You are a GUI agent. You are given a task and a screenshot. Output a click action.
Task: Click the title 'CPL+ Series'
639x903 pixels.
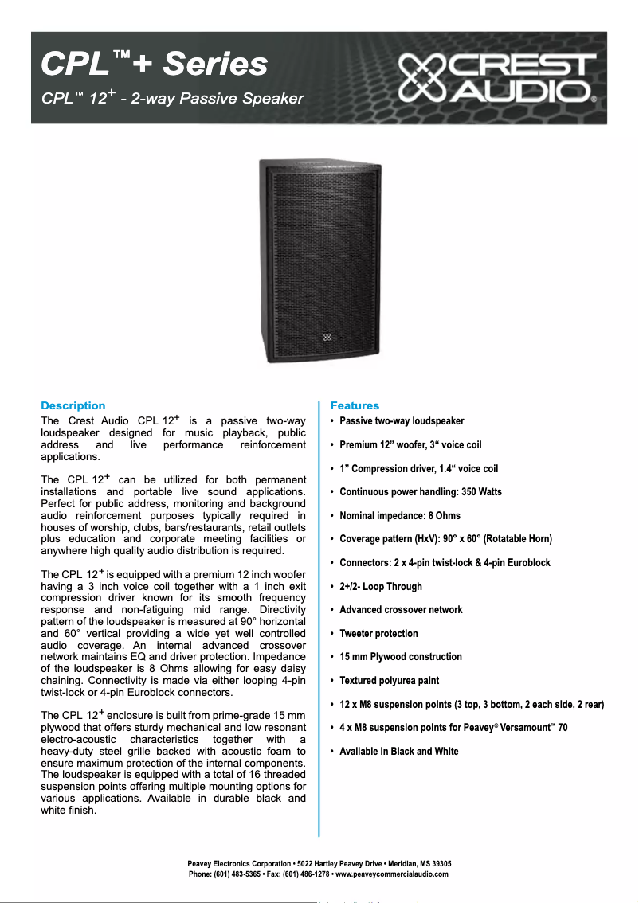click(154, 64)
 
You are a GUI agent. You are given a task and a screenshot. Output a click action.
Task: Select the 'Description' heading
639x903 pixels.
click(73, 405)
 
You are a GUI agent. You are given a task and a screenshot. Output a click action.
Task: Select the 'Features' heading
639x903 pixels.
click(355, 405)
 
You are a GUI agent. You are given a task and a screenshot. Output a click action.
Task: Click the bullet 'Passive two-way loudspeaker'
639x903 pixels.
click(402, 420)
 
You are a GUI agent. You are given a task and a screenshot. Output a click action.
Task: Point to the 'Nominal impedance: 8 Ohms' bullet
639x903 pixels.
click(400, 515)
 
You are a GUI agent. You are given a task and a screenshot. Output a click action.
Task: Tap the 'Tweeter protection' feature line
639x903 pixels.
click(378, 633)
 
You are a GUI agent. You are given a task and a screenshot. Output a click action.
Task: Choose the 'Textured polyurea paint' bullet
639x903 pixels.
click(389, 681)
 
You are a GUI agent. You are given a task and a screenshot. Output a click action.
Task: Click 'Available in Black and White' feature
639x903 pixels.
click(398, 751)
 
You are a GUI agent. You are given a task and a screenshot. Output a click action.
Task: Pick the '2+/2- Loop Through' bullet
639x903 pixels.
click(381, 586)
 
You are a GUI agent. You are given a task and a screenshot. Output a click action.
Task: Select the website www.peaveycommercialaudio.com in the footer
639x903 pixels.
click(392, 874)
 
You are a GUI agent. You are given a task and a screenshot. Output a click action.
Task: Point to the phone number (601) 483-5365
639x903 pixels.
click(241, 874)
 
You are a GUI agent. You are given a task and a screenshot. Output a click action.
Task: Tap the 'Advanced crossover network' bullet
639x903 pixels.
click(401, 610)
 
